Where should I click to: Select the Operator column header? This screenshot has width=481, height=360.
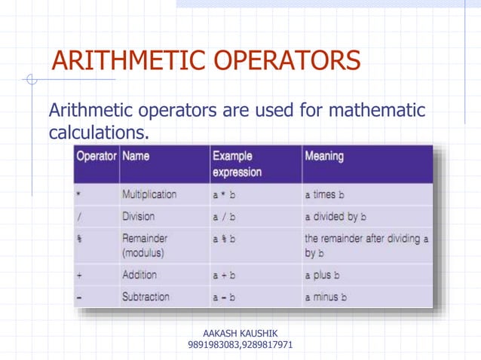tap(96, 157)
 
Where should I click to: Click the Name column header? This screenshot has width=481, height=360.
tap(136, 157)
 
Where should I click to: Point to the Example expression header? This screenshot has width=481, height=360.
tap(237, 164)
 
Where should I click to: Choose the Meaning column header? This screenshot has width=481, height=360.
tap(324, 157)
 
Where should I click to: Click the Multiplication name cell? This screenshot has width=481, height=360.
tap(149, 194)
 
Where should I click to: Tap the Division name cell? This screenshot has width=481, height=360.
tap(138, 217)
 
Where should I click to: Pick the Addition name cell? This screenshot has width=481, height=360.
tap(139, 275)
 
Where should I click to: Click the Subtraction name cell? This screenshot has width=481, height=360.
tap(146, 297)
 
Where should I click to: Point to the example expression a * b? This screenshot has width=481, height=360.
tap(224, 194)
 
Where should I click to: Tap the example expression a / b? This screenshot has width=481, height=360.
tap(224, 217)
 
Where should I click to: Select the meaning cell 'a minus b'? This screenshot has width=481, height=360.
tap(326, 297)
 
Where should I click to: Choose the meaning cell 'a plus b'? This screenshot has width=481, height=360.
tap(323, 275)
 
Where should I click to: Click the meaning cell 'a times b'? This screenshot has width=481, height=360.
tap(324, 194)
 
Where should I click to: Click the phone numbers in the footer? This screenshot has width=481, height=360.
tap(240, 345)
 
